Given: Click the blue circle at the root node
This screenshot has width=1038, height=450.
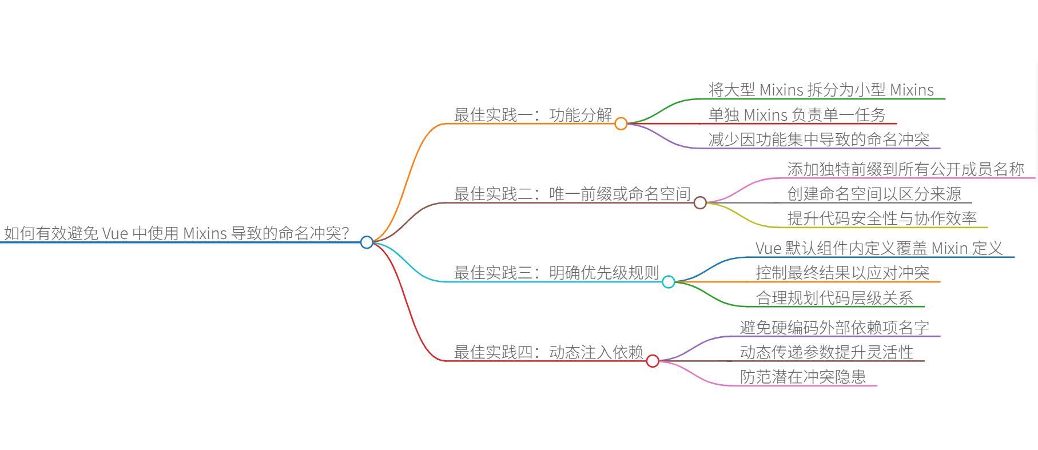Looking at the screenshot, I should point(367,242).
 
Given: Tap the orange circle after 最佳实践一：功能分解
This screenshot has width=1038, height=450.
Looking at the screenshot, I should point(621,124).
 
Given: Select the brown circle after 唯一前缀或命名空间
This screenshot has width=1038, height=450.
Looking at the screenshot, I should point(700,202).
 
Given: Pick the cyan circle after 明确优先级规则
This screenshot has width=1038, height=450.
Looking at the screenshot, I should point(669,282).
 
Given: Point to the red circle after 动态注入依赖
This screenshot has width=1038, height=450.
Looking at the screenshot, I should point(653,361).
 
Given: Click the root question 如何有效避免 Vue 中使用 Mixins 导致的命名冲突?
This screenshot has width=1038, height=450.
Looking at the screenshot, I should point(176,233).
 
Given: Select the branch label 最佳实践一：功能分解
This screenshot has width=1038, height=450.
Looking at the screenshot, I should point(532,115).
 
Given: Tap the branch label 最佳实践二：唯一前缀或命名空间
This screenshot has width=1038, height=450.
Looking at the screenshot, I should point(572,194).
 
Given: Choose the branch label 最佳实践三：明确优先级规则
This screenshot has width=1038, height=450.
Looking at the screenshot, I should point(556,273).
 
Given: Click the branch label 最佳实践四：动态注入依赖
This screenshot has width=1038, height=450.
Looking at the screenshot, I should point(548,352).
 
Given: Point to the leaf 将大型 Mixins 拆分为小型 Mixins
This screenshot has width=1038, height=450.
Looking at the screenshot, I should point(821,90).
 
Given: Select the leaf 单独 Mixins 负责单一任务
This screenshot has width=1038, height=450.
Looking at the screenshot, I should point(797,115).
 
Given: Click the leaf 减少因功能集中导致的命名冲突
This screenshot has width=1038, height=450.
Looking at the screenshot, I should point(818,140).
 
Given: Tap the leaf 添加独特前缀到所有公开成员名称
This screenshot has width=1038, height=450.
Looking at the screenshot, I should point(905,169).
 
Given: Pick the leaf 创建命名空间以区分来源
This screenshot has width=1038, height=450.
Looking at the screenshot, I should point(874,194).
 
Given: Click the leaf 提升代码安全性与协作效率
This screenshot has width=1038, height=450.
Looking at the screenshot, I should point(882,218).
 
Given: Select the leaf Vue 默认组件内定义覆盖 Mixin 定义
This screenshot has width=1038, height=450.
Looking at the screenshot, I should point(879,248).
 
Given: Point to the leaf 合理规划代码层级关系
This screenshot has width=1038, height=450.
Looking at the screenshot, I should point(834,298).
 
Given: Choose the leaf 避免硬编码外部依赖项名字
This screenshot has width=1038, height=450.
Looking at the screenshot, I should point(834,328).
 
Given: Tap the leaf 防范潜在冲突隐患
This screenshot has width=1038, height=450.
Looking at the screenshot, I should point(802,377).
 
